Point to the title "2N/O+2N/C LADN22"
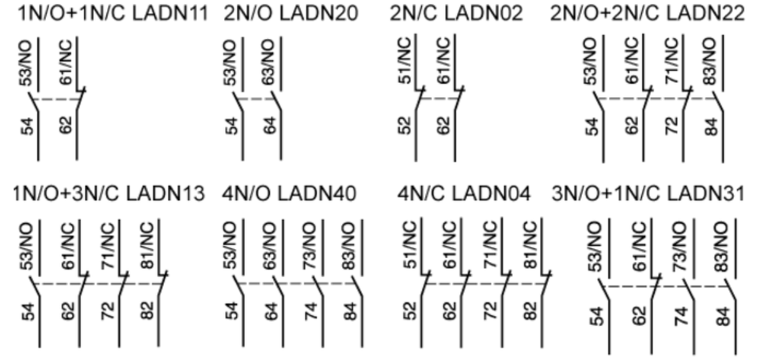pyautogui.click(x=648, y=13)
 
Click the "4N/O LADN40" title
pyautogui.click(x=289, y=192)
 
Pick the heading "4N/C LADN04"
pyautogui.click(x=463, y=192)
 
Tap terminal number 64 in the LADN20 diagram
pyautogui.click(x=270, y=126)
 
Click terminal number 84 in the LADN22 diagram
pyautogui.click(x=710, y=126)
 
